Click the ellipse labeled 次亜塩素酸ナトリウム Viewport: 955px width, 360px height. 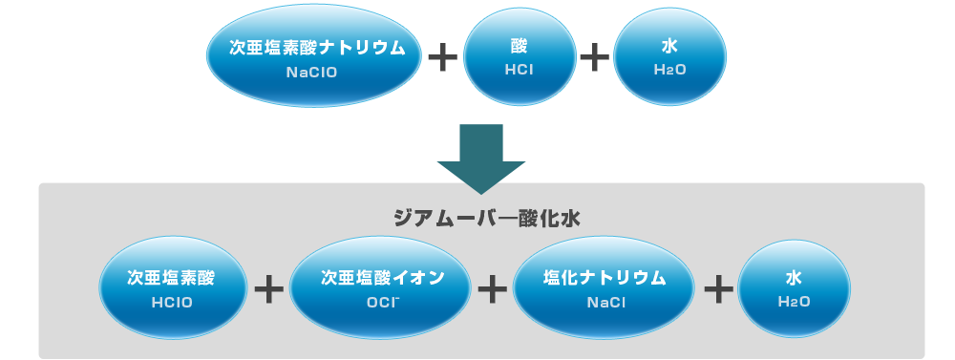pyautogui.click(x=313, y=57)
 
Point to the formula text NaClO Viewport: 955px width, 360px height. pyautogui.click(x=312, y=72)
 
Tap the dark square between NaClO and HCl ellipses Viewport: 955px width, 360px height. pyautogui.click(x=442, y=57)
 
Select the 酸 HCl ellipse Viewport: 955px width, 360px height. pyautogui.click(x=520, y=57)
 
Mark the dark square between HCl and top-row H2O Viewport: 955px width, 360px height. pyautogui.click(x=594, y=57)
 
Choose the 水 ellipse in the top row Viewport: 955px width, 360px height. pyautogui.click(x=668, y=57)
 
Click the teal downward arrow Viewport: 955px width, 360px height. pyautogui.click(x=480, y=158)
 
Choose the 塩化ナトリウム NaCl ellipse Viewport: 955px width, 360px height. pyautogui.click(x=604, y=288)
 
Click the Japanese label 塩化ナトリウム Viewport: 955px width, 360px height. pyautogui.click(x=604, y=278)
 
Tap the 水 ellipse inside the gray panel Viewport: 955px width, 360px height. pyautogui.click(x=795, y=288)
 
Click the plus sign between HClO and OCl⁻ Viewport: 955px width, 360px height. pyautogui.click(x=270, y=289)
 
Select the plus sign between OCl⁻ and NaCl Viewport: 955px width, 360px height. pyautogui.click(x=492, y=289)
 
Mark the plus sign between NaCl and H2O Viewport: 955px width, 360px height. pyautogui.click(x=717, y=289)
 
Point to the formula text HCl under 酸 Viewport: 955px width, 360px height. pyautogui.click(x=520, y=71)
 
